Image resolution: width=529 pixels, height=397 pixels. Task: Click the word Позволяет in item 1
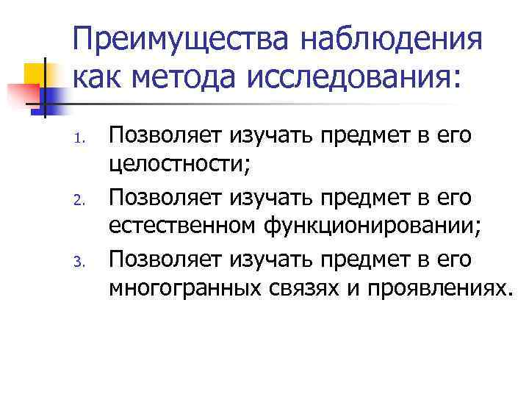click(x=165, y=135)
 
